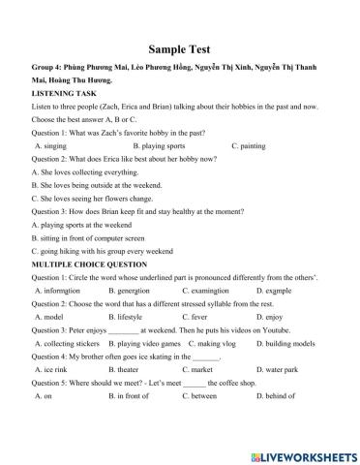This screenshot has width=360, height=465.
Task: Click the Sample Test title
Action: point(180,47)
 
